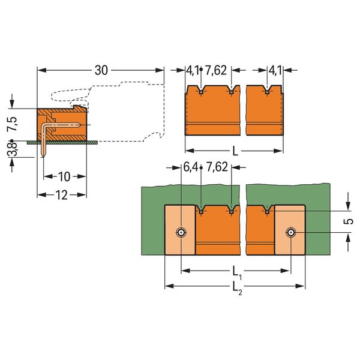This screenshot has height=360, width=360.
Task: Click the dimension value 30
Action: (x=101, y=71)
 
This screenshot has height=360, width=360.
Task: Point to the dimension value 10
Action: (x=64, y=176)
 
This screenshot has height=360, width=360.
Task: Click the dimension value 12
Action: (x=61, y=194)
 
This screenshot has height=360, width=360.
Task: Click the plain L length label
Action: (x=235, y=151)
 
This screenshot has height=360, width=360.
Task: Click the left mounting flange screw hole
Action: (x=181, y=232)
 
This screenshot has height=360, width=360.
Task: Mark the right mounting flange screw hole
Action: (x=290, y=232)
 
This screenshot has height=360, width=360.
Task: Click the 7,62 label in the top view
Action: (x=217, y=71)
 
